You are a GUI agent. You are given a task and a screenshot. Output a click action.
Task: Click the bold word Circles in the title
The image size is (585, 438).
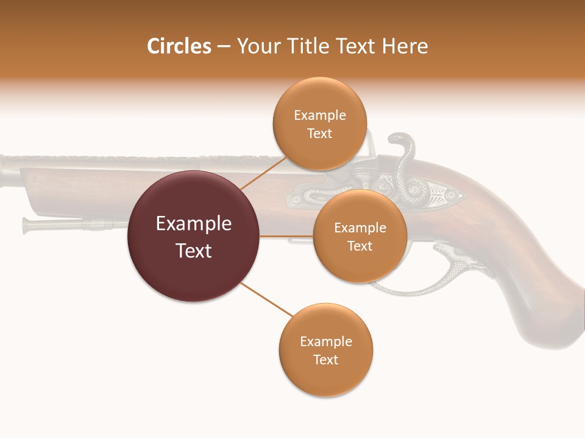[x=179, y=46]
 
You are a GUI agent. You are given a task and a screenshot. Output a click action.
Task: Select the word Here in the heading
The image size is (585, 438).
[x=405, y=46]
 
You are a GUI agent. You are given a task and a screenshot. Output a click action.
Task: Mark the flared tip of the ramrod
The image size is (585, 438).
[x=26, y=225]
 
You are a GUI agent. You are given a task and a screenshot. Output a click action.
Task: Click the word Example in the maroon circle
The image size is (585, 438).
[x=193, y=224]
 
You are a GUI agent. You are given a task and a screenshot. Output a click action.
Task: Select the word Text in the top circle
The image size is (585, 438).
[x=319, y=134]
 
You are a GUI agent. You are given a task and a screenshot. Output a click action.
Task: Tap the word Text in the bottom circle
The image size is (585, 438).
[x=325, y=360]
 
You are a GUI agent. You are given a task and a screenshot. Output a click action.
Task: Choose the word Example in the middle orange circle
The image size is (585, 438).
[x=360, y=228]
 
